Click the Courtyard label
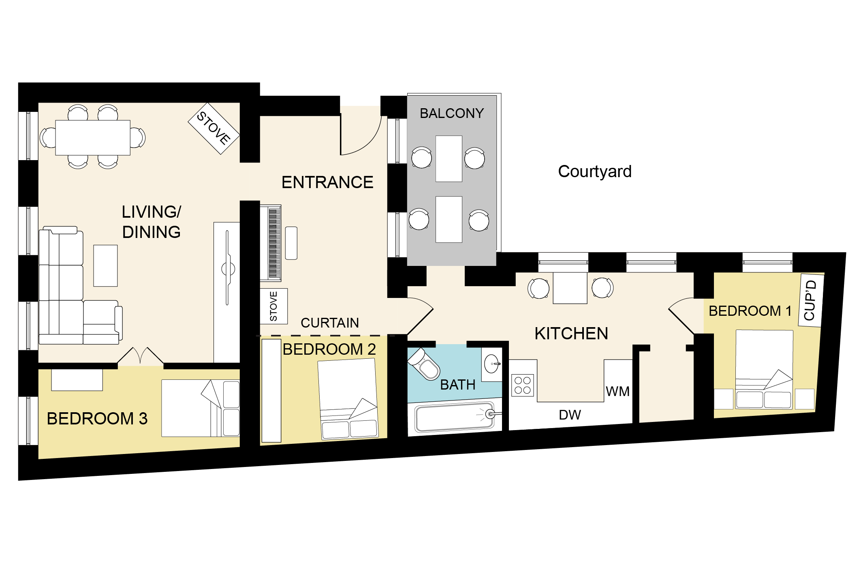(x=594, y=171)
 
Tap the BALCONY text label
(x=452, y=113)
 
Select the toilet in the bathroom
(x=424, y=364)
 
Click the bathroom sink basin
(x=492, y=364)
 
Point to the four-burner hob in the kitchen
(x=522, y=385)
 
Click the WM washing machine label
(x=617, y=392)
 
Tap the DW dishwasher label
(x=570, y=415)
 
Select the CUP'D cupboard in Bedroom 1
(x=811, y=300)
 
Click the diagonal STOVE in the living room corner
(x=214, y=129)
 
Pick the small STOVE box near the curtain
(x=273, y=306)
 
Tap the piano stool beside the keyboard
(x=291, y=243)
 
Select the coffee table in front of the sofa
(x=105, y=266)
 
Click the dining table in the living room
(x=93, y=138)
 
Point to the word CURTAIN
(x=330, y=323)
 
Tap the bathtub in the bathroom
(x=455, y=417)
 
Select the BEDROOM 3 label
(x=97, y=419)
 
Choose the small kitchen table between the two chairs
(x=570, y=288)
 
